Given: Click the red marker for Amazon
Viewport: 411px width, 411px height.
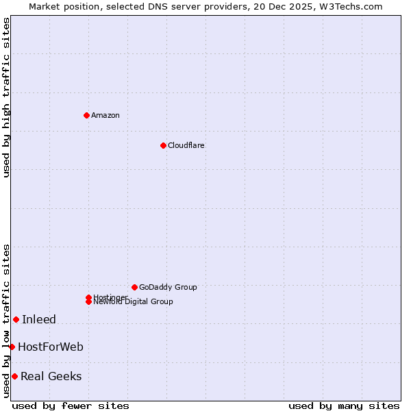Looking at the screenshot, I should point(86,115).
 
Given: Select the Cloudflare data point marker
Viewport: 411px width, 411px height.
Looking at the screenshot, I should point(163,145).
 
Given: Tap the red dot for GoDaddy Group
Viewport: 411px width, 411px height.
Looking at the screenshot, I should point(134,287).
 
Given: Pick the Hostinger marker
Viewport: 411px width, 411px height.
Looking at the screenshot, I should point(88,297).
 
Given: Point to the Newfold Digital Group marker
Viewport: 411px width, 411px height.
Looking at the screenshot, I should point(88,301).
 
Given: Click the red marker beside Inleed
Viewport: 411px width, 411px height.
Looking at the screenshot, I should point(16,319).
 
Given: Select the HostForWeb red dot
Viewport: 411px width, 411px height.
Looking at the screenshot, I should point(12,347).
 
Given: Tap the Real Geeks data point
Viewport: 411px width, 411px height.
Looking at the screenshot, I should point(14,376).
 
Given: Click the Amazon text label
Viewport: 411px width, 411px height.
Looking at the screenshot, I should point(105,115).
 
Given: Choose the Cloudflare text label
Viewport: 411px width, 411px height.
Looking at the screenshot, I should point(186,145).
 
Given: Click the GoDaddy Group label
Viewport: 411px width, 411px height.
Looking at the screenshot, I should point(168,287).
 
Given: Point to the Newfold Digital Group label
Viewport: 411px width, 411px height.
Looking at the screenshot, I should point(134,302).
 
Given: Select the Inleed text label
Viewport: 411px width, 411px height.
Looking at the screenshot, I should point(39,319).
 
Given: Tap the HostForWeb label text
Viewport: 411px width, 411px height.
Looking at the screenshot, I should point(51,347).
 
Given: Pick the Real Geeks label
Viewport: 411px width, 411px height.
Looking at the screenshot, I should point(51,376).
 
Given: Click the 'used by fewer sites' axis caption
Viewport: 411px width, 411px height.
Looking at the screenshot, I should point(71,406).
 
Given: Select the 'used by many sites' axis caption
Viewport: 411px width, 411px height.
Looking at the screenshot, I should point(344,406).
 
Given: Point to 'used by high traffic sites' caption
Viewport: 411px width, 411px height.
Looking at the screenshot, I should point(6,97).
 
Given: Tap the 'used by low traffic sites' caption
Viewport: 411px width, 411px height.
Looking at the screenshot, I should point(6,320).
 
